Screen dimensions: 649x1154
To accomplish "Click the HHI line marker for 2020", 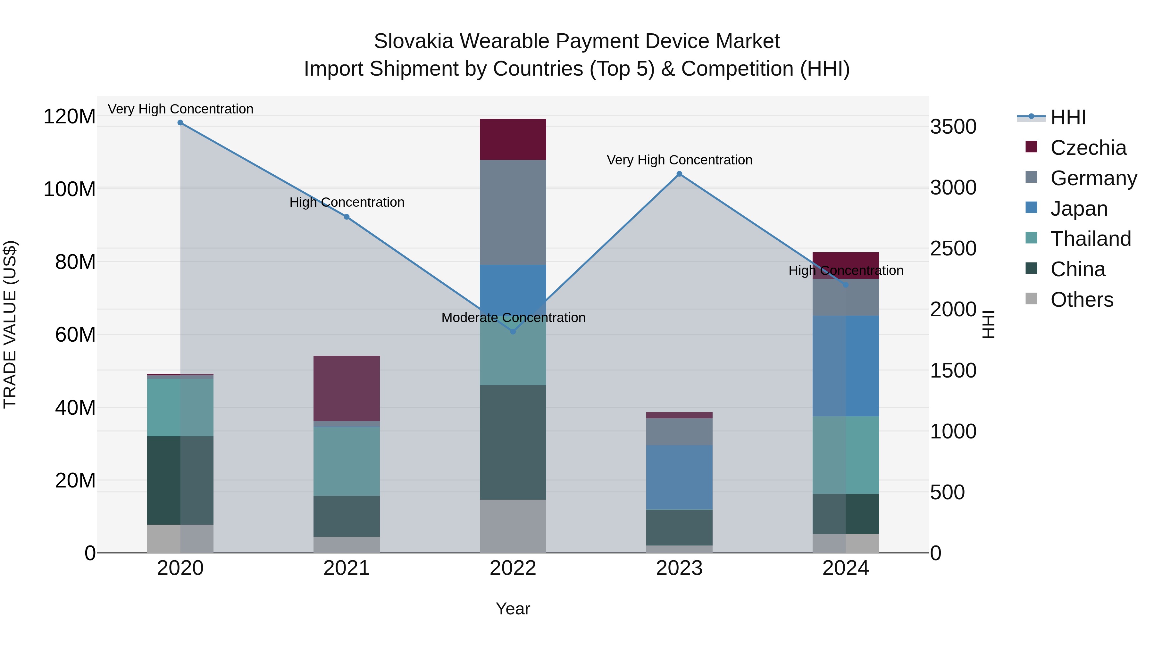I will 180,123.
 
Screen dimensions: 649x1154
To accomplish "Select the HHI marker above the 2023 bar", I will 679,174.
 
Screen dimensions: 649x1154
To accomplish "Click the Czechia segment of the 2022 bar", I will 513,139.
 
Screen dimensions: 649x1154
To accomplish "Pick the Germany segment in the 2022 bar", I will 513,212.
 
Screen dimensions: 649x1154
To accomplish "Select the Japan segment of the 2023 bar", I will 679,478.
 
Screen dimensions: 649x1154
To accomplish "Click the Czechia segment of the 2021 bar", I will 346,388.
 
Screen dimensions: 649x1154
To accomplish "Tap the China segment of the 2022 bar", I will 513,442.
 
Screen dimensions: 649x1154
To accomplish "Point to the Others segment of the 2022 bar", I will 513,526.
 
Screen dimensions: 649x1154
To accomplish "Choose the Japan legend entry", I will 1079,209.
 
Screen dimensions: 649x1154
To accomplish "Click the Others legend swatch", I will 1031,299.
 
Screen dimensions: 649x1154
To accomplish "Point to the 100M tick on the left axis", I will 70,189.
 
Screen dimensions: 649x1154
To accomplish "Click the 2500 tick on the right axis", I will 953,249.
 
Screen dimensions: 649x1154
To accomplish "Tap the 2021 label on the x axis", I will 346,568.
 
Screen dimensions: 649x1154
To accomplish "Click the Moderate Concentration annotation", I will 513,318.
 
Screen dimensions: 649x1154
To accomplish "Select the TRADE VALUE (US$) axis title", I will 10,324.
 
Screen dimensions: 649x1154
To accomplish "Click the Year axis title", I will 513,609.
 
